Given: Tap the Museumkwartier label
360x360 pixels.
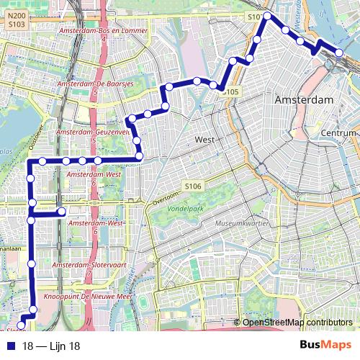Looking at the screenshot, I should pos(243,225).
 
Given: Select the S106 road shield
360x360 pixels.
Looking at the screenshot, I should pos(192,186).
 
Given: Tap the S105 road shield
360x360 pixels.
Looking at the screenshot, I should pos(230,92).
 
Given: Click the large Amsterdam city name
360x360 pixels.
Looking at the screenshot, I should pos(305,99).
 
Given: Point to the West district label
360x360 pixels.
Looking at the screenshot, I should pos(204,139).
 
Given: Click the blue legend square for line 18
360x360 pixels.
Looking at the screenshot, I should pos(7,346).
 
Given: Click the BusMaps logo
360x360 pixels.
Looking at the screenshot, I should pos(327,346).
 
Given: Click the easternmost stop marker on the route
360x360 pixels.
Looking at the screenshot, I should pos(338,52).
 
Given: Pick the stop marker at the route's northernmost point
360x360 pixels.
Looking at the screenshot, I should pos(267,16).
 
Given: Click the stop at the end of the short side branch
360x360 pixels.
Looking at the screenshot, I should pos(63,212).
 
